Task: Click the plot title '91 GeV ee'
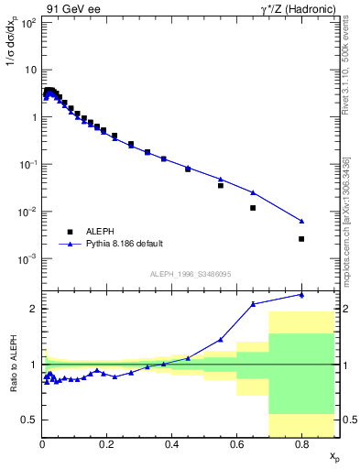[x=71, y=10]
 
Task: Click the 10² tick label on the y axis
[x=28, y=23]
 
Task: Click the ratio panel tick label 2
[x=33, y=309]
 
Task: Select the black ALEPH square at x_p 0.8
[x=301, y=239]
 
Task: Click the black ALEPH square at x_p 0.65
[x=253, y=208]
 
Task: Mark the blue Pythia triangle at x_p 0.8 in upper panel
[x=301, y=221]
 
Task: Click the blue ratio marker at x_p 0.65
[x=253, y=303]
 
